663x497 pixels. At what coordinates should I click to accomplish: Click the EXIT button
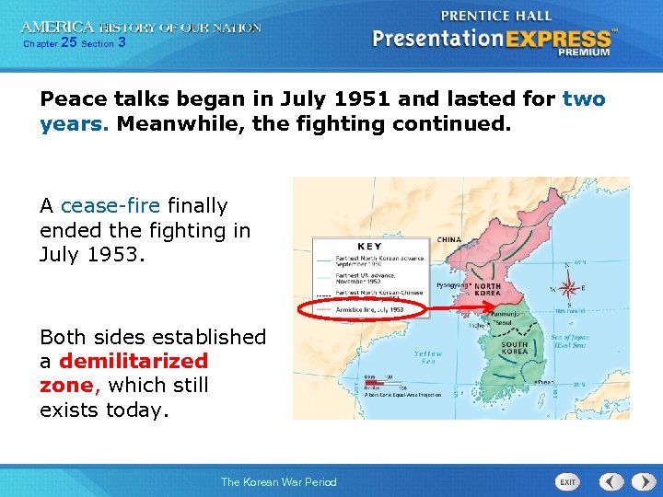click(568, 482)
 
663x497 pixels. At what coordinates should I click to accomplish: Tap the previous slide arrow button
click(611, 481)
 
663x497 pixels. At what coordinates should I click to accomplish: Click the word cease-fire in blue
click(110, 205)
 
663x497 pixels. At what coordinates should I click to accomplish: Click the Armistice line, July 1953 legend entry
click(370, 310)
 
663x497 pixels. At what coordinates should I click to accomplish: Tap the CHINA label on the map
click(448, 239)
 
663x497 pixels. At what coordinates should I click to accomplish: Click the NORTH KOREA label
click(486, 292)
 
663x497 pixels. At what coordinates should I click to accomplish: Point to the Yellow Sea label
click(427, 357)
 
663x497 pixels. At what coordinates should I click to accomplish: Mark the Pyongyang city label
click(451, 286)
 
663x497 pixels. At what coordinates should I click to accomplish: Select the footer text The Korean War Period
click(278, 482)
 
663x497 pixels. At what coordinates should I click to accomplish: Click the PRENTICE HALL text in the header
click(496, 16)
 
